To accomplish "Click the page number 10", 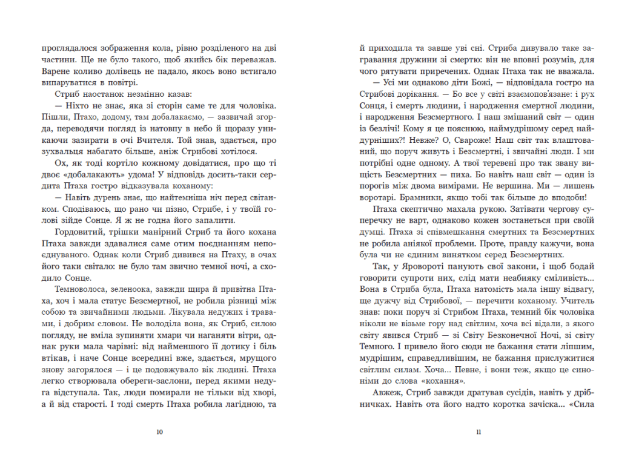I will point(159,432).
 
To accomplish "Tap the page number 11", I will point(479,432).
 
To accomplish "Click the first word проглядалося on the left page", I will point(67,47).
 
